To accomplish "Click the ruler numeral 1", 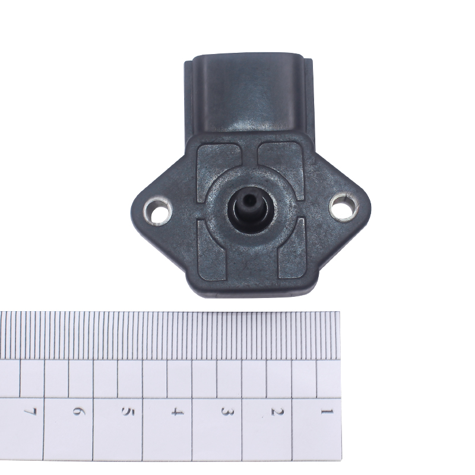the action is pyautogui.click(x=327, y=411).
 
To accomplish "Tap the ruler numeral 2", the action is pyautogui.click(x=277, y=412).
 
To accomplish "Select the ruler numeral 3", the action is pyautogui.click(x=227, y=412).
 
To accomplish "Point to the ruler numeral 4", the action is pyautogui.click(x=177, y=412).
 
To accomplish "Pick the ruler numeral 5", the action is pyautogui.click(x=128, y=412).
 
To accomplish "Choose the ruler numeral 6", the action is pyautogui.click(x=78, y=412).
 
